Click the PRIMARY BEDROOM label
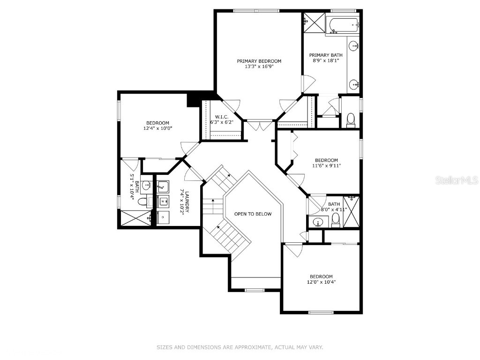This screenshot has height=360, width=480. (259, 61)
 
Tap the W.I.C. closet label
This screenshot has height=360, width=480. (221, 117)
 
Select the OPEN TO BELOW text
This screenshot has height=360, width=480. (253, 214)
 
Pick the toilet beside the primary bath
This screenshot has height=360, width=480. (351, 120)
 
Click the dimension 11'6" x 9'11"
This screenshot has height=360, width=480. (326, 165)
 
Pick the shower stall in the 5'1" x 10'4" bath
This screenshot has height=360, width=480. (135, 218)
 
